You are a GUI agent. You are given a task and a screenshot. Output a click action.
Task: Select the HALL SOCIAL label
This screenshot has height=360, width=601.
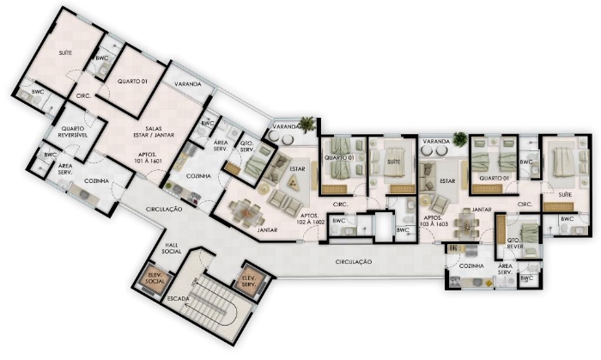click(x=172, y=248)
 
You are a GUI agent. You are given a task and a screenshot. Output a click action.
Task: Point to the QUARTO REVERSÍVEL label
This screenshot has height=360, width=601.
click(x=73, y=131)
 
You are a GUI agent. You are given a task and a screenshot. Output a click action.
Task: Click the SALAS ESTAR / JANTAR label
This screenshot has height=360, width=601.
click(x=154, y=131)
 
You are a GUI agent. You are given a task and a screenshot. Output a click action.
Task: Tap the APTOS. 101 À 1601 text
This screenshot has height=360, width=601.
click(x=149, y=157)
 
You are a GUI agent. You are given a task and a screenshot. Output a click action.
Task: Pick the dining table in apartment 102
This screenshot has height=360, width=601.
click(x=246, y=213)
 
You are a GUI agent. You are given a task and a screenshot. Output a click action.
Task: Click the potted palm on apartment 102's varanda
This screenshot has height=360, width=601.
click(x=307, y=125)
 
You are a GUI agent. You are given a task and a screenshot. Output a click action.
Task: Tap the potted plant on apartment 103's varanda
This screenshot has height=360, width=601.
click(x=460, y=139)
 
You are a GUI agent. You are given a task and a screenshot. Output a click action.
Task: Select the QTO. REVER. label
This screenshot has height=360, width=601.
click(x=515, y=243)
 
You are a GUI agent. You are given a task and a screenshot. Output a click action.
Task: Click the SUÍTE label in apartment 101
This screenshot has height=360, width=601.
click(x=65, y=53)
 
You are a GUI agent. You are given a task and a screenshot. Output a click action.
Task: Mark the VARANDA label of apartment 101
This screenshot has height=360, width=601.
click(x=188, y=84)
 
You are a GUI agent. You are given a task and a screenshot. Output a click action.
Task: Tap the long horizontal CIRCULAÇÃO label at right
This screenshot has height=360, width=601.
click(x=354, y=262)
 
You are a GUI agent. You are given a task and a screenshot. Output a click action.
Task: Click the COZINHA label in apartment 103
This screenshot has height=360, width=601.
click(x=471, y=265)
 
